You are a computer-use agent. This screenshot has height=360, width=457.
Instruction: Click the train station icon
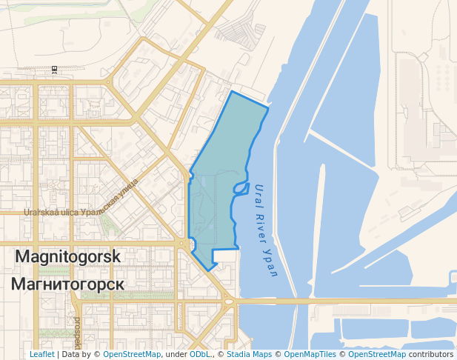pyautogui.click(x=54, y=70)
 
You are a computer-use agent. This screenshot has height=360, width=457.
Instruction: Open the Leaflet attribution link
pyautogui.click(x=41, y=354)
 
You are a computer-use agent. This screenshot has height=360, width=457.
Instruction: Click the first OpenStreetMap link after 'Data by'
pyautogui.click(x=132, y=354)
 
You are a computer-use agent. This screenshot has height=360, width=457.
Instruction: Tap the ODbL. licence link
pyautogui.click(x=201, y=354)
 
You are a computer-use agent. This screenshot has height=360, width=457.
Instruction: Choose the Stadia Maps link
pyautogui.click(x=248, y=354)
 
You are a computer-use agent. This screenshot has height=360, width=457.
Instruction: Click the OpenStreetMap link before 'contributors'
pyautogui.click(x=377, y=354)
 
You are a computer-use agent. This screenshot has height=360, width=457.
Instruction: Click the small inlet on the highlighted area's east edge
pyautogui.click(x=241, y=188)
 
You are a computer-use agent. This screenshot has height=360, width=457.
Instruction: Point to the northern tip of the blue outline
pyautogui.click(x=233, y=92)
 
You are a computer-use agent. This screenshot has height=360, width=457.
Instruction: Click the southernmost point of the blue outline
pyautogui.click(x=209, y=270)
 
